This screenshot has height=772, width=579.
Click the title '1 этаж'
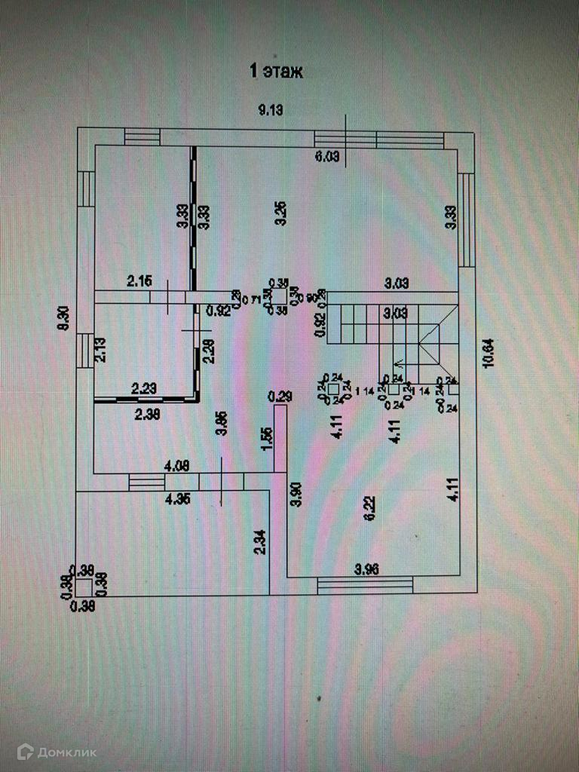click(x=276, y=72)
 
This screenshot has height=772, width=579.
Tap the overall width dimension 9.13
click(x=271, y=111)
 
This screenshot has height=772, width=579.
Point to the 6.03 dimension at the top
click(x=328, y=157)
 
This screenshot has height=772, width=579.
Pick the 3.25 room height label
click(x=279, y=213)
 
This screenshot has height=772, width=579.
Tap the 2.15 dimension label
click(x=139, y=282)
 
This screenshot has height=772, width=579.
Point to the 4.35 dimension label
click(x=178, y=498)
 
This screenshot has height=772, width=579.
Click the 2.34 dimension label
click(x=259, y=543)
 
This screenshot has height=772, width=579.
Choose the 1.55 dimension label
click(x=265, y=438)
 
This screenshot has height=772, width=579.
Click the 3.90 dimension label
click(x=296, y=493)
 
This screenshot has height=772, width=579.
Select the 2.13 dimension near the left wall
click(x=100, y=351)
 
